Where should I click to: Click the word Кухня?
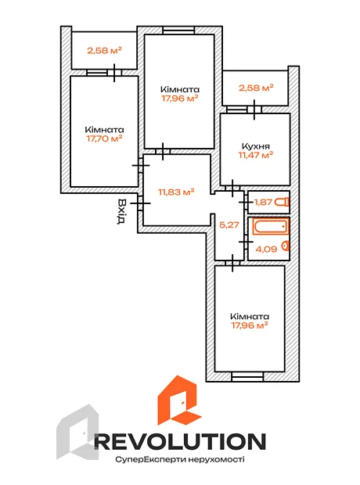(x=255, y=146)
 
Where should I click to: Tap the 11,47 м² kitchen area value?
(x=256, y=155)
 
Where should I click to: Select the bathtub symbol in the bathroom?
(x=271, y=227)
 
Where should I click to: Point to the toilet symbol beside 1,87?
(x=283, y=203)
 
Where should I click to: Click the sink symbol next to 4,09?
(x=286, y=246)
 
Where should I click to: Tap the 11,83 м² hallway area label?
(x=176, y=192)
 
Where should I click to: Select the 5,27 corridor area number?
(x=229, y=225)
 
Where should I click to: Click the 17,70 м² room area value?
(x=104, y=138)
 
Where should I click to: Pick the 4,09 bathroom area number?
(x=266, y=249)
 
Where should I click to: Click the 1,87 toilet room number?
(x=263, y=203)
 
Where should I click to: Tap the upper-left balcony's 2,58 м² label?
(x=104, y=50)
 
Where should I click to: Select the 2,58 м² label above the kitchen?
(x=256, y=88)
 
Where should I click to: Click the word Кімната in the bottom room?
(x=250, y=317)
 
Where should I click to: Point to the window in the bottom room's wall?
(x=247, y=376)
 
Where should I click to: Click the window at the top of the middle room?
(x=178, y=31)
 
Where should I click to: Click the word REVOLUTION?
(x=180, y=442)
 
